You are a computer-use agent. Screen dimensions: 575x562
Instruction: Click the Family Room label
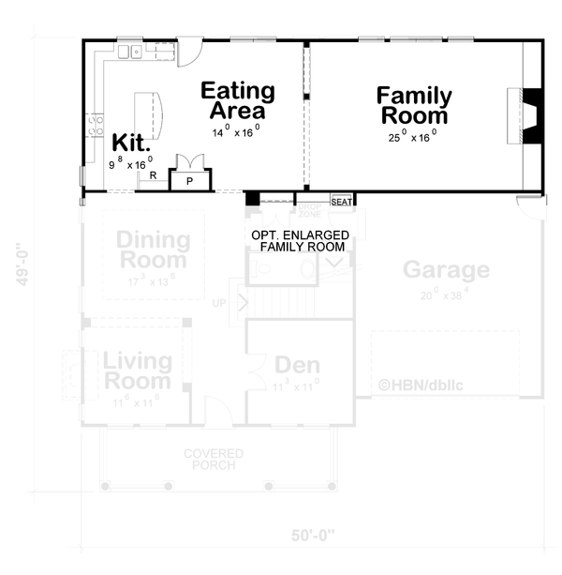[414, 105]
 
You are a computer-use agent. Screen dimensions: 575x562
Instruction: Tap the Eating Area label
[238, 100]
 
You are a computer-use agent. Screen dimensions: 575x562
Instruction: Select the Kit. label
[131, 143]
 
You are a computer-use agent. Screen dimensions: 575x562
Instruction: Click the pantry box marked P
[189, 180]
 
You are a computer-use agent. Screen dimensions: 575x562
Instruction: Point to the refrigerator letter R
[152, 175]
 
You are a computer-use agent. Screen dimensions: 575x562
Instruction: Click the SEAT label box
[341, 201]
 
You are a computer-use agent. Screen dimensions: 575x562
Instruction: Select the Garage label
[446, 270]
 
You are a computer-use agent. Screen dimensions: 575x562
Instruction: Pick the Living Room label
[137, 371]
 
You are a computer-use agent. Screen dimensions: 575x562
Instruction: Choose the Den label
[297, 365]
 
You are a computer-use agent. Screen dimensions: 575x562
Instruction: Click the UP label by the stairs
[220, 303]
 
